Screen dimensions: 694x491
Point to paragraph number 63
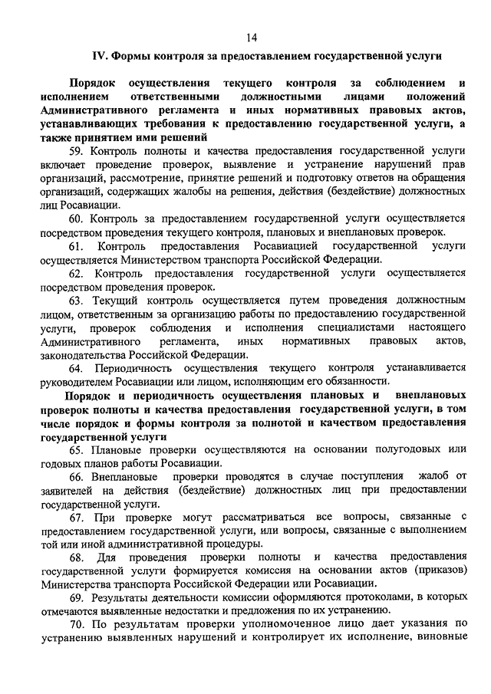(77, 300)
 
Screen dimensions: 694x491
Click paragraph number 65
(77, 449)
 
